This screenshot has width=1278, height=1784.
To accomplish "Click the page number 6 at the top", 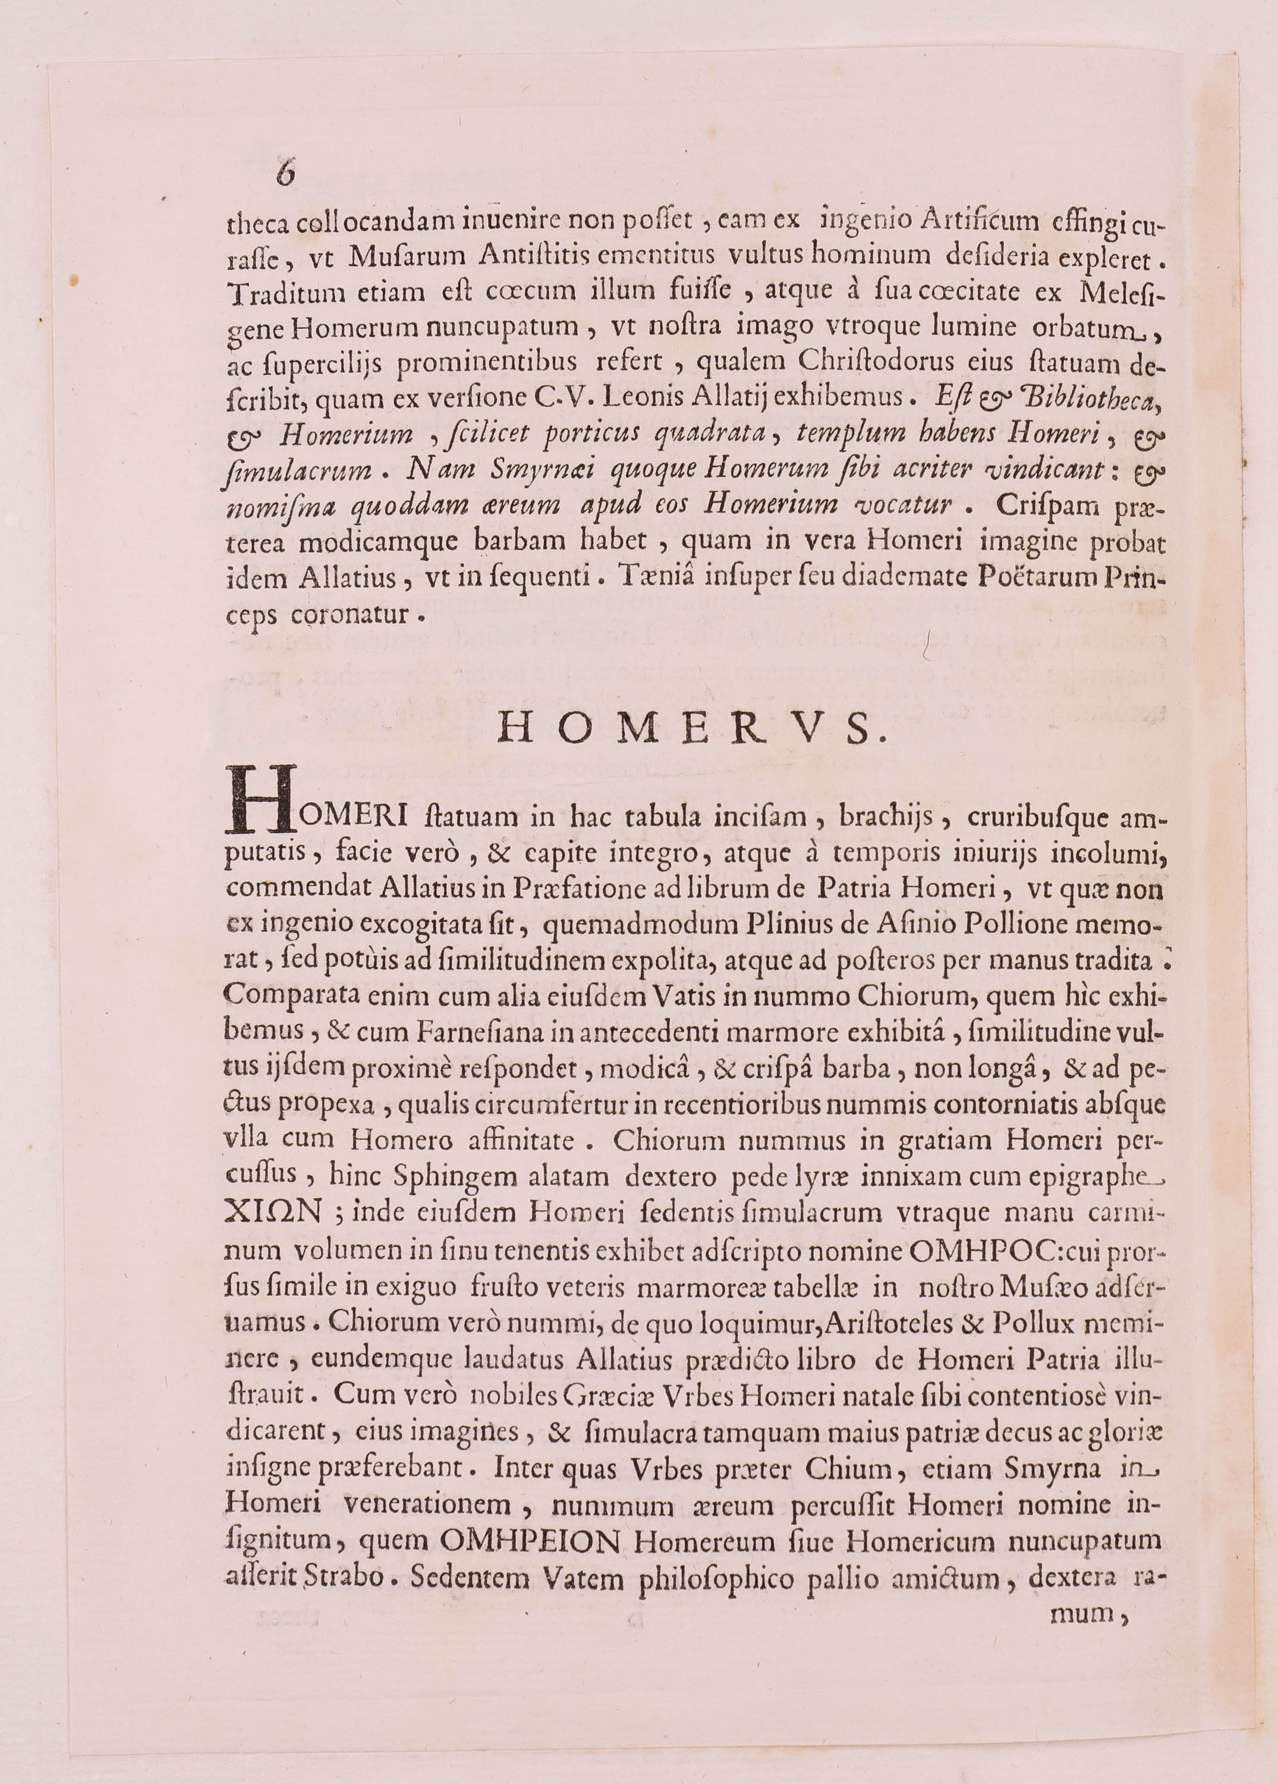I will tap(285, 173).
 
